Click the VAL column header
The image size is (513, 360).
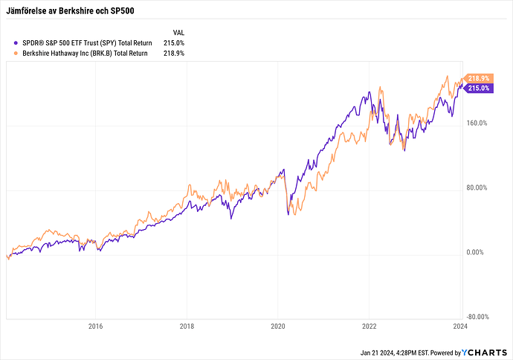click(x=178, y=33)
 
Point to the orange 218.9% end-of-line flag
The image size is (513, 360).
click(x=478, y=78)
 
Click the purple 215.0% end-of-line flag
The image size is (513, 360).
click(x=478, y=89)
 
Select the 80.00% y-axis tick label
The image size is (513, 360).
click(x=477, y=188)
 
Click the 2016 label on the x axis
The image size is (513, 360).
click(x=95, y=326)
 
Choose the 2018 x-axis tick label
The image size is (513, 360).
click(x=187, y=326)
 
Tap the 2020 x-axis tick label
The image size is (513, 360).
click(x=277, y=326)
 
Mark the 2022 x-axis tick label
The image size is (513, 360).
click(x=369, y=326)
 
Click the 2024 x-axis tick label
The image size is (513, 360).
click(x=459, y=326)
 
